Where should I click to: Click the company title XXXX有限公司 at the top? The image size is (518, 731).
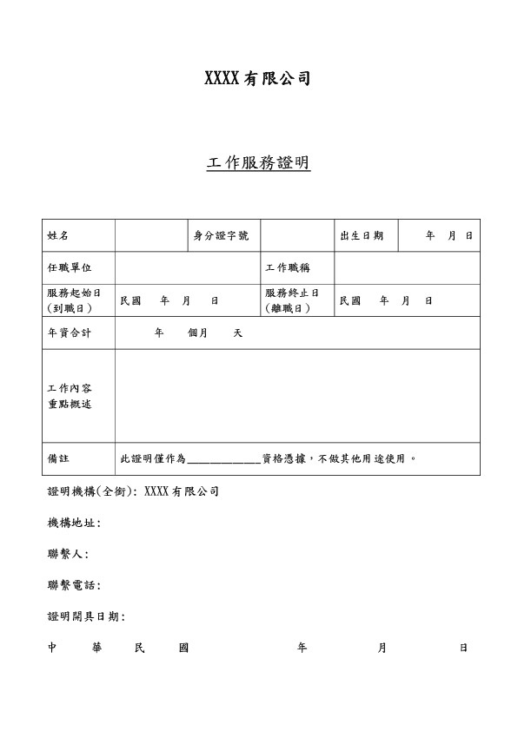pyautogui.click(x=257, y=79)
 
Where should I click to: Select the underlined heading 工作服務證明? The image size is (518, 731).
pyautogui.click(x=258, y=163)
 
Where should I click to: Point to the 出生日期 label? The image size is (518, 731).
pyautogui.click(x=362, y=236)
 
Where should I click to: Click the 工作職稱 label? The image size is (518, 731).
pyautogui.click(x=288, y=268)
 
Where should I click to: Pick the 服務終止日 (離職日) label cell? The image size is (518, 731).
pyautogui.click(x=292, y=300)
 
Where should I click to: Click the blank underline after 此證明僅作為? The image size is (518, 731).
pyautogui.click(x=223, y=460)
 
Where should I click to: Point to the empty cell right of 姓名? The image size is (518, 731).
pyautogui.click(x=151, y=236)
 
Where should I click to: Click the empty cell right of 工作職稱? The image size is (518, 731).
pyautogui.click(x=407, y=268)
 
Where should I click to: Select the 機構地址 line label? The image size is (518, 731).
pyautogui.click(x=74, y=523)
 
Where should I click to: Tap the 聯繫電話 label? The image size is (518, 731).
pyautogui.click(x=74, y=585)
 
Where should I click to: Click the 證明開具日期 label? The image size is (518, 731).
pyautogui.click(x=86, y=616)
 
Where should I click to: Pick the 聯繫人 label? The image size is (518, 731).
pyautogui.click(x=68, y=554)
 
